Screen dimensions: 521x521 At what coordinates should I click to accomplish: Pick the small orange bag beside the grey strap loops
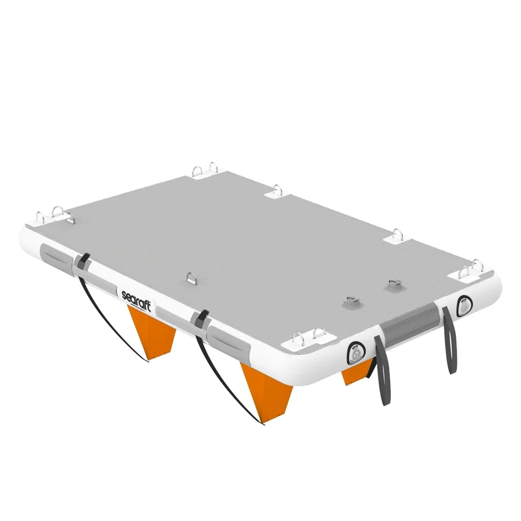pyautogui.click(x=356, y=372)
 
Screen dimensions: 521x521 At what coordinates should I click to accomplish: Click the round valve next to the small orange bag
pyautogui.click(x=356, y=353)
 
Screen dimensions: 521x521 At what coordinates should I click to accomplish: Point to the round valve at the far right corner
pyautogui.click(x=464, y=305)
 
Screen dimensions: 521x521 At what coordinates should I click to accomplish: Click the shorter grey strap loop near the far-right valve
pyautogui.click(x=449, y=339)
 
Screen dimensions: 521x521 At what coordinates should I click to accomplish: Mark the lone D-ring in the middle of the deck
pyautogui.click(x=191, y=279)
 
